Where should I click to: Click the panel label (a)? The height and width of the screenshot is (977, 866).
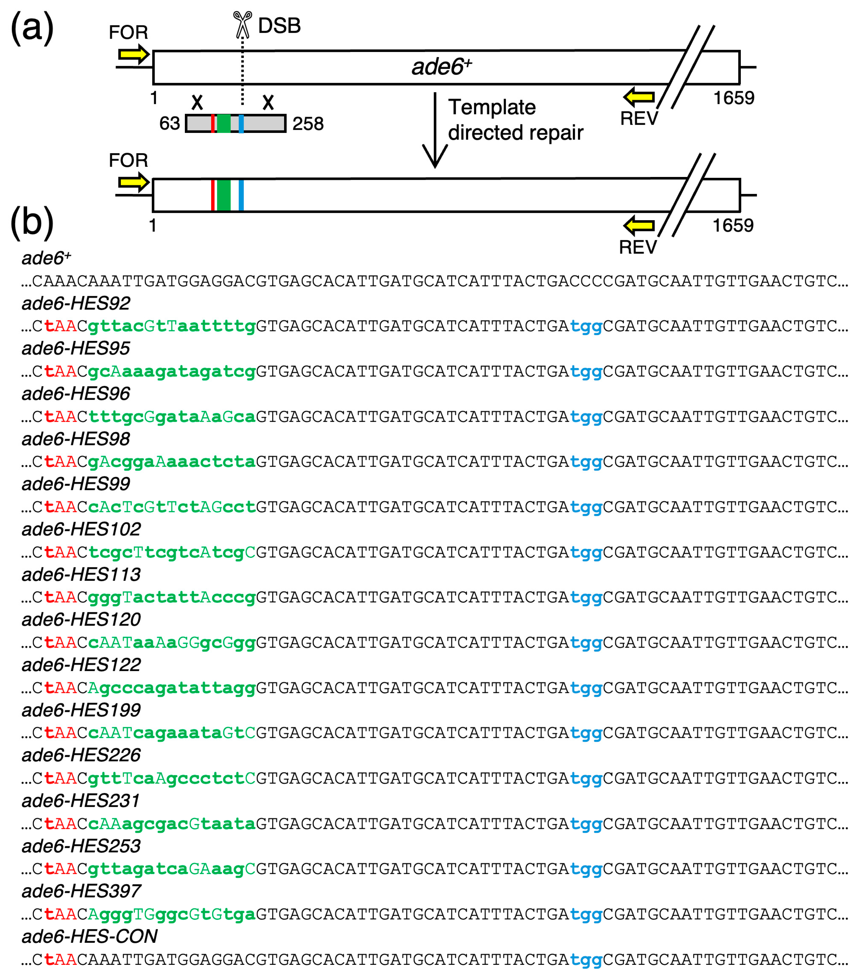[32, 28]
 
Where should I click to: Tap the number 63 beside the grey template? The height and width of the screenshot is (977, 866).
[170, 123]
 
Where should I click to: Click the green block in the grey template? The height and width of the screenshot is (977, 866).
[224, 123]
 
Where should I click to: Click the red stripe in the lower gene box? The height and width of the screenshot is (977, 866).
[213, 195]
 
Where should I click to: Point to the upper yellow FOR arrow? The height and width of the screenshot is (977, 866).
[134, 55]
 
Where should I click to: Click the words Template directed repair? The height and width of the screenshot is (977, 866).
[515, 120]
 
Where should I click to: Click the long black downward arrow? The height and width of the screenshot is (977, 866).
[435, 129]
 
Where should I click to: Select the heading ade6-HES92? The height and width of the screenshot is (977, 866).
[76, 303]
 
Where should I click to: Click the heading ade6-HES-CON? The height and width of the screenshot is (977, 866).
[89, 936]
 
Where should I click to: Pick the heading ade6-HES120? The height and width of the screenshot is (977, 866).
[81, 619]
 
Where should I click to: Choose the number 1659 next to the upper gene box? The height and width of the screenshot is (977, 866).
[733, 98]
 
